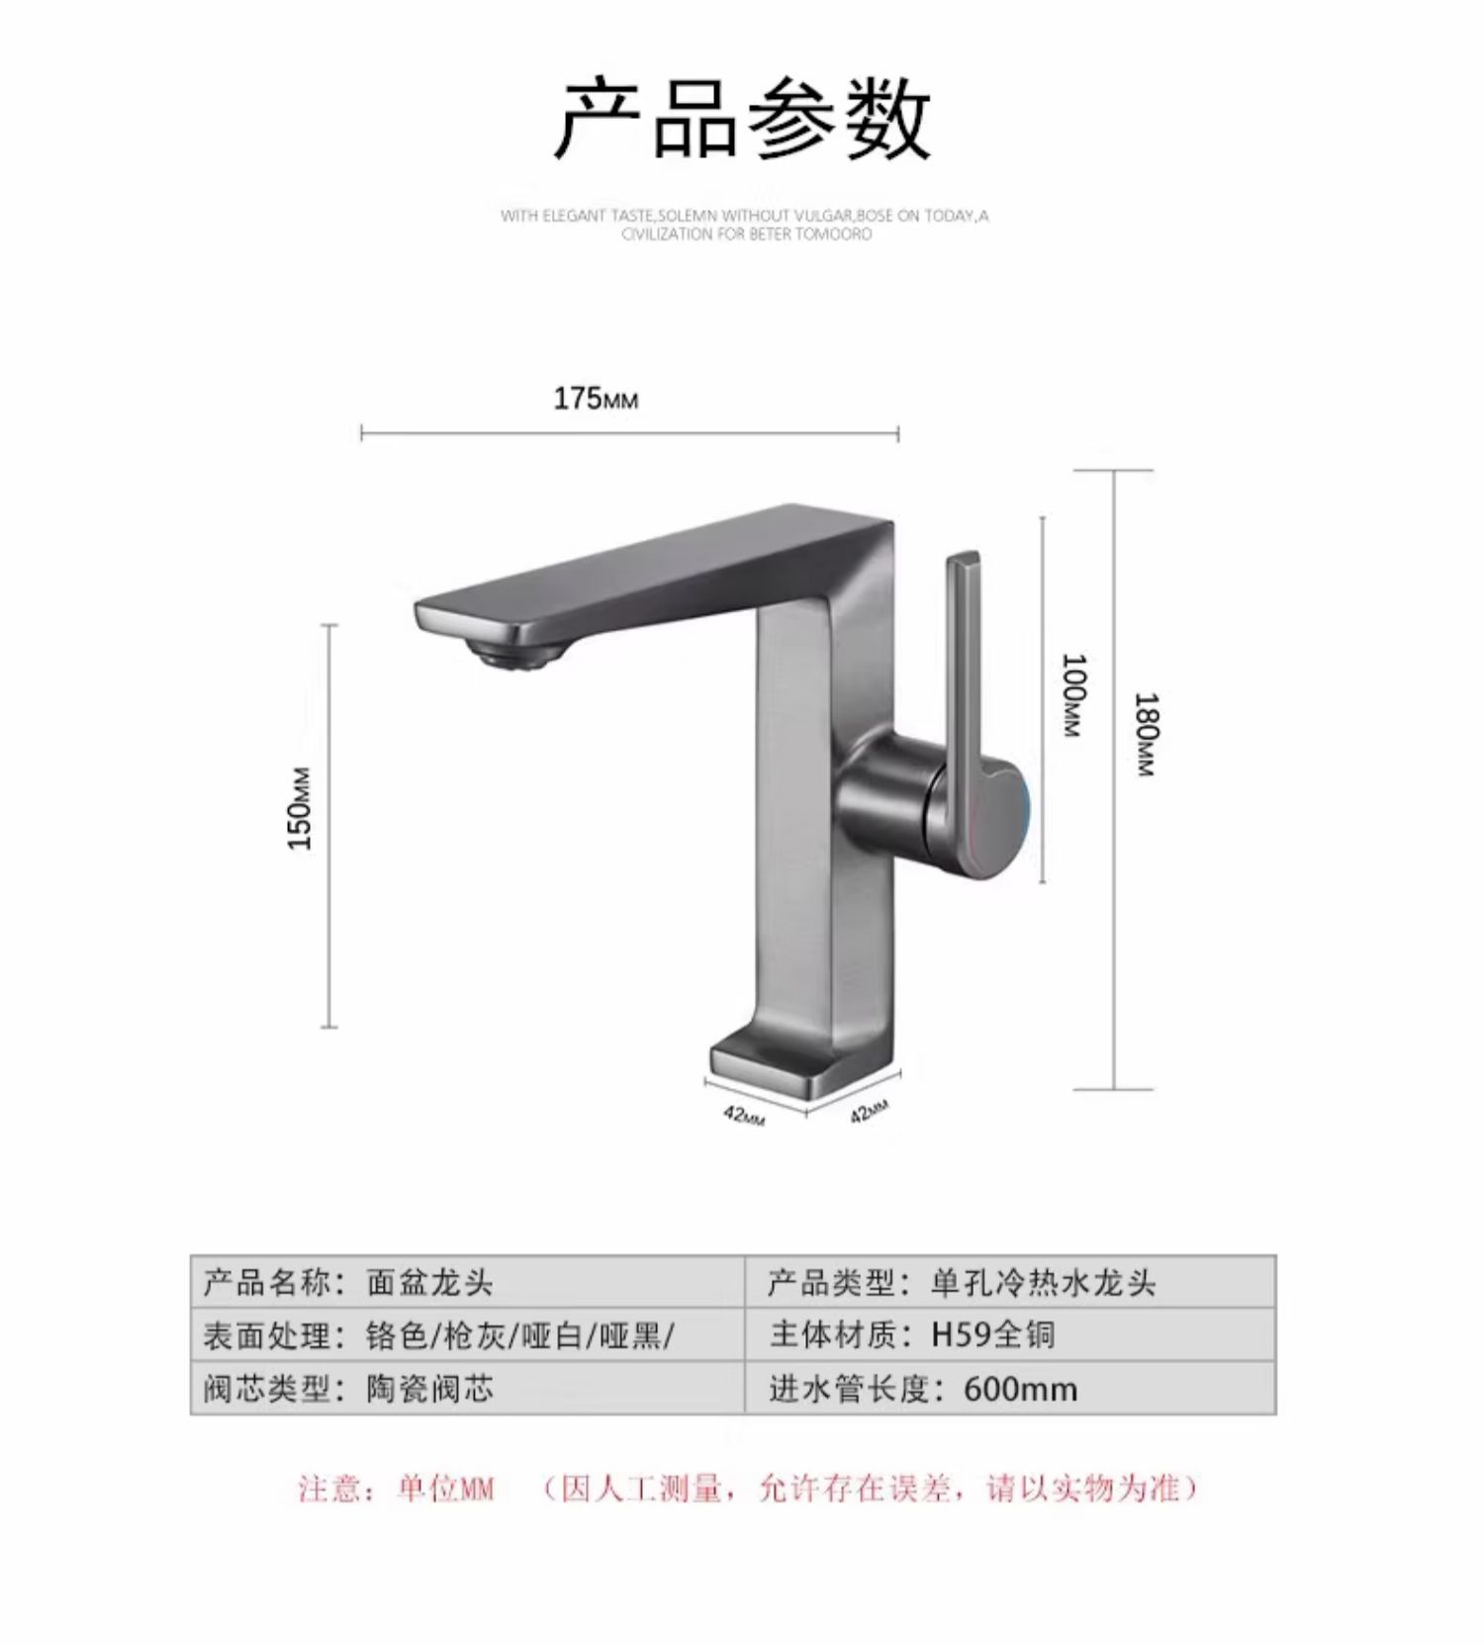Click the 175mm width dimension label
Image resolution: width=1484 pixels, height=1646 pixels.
pos(596,399)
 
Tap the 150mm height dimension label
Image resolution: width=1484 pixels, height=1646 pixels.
pos(300,807)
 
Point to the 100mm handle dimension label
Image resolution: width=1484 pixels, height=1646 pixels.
pos(1073,694)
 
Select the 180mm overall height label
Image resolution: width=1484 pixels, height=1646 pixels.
pos(1146,734)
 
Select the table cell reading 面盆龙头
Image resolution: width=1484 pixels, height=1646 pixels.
pos(429,1283)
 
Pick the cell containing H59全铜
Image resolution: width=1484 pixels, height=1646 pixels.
pos(993,1335)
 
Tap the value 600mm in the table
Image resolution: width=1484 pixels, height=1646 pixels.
pos(1020,1389)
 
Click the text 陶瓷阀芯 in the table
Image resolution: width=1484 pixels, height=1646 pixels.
pos(429,1389)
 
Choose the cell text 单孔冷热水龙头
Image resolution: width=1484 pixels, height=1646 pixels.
pos(1043,1283)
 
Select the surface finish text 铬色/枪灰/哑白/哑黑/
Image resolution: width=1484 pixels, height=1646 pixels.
pos(519,1336)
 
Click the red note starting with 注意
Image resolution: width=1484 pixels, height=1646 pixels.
pos(748,1489)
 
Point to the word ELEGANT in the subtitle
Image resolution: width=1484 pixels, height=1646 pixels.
pos(577,216)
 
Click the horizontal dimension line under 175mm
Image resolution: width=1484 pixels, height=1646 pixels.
pos(629,433)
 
